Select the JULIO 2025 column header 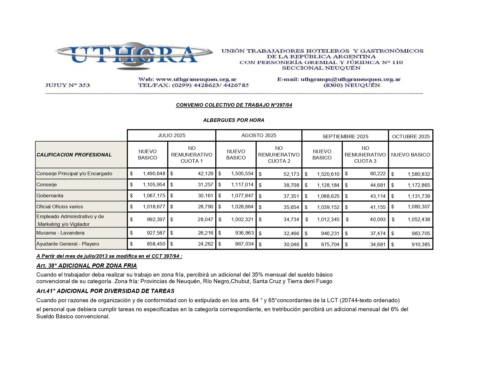(171, 136)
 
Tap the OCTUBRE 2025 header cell (411, 137)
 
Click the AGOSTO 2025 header (259, 136)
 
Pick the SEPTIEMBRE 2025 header (345, 137)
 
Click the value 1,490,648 (154, 173)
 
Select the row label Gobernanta (50, 196)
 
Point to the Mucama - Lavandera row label (60, 233)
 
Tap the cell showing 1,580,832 (419, 174)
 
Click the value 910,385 (421, 244)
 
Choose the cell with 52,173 (291, 174)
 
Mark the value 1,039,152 (328, 207)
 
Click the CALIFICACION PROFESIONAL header (74, 155)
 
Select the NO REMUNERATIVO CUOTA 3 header (365, 155)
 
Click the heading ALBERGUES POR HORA (233, 120)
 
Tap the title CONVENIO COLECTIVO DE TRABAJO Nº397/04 (234, 105)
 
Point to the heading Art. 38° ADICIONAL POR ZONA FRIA (86, 266)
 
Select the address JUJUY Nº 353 (67, 85)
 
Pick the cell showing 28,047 (205, 219)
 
